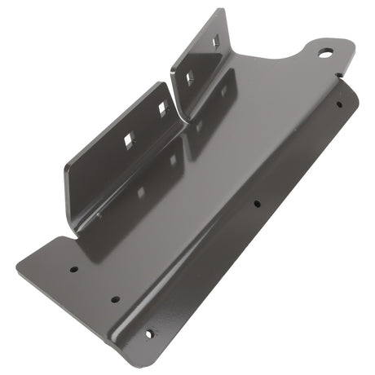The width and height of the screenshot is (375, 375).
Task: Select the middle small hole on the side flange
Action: (x=256, y=205)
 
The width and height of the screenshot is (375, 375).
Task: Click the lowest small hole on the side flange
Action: (x=149, y=333)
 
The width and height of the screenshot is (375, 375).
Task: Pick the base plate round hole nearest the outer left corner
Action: (x=73, y=267)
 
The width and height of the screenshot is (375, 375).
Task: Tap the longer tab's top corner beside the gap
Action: (x=157, y=83)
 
